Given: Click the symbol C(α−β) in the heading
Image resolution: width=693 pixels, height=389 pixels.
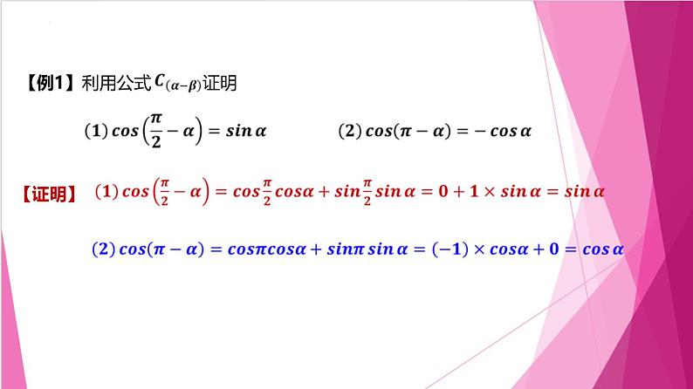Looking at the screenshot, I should [x=177, y=85].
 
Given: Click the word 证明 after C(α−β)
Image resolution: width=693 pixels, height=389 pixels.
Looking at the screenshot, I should [x=221, y=85].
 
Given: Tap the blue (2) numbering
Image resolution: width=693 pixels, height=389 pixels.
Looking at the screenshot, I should [x=104, y=249].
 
